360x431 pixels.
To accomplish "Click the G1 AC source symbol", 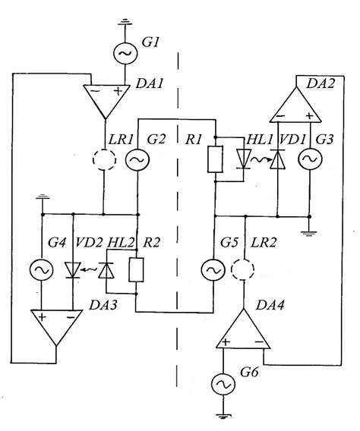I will click(123, 53).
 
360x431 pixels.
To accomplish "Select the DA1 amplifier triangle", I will click(103, 98).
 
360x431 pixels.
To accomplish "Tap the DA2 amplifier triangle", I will click(293, 101).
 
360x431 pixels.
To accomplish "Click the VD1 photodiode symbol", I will click(278, 160).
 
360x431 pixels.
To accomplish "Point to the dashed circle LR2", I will click(244, 270).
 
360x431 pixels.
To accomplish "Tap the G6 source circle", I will click(225, 385).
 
